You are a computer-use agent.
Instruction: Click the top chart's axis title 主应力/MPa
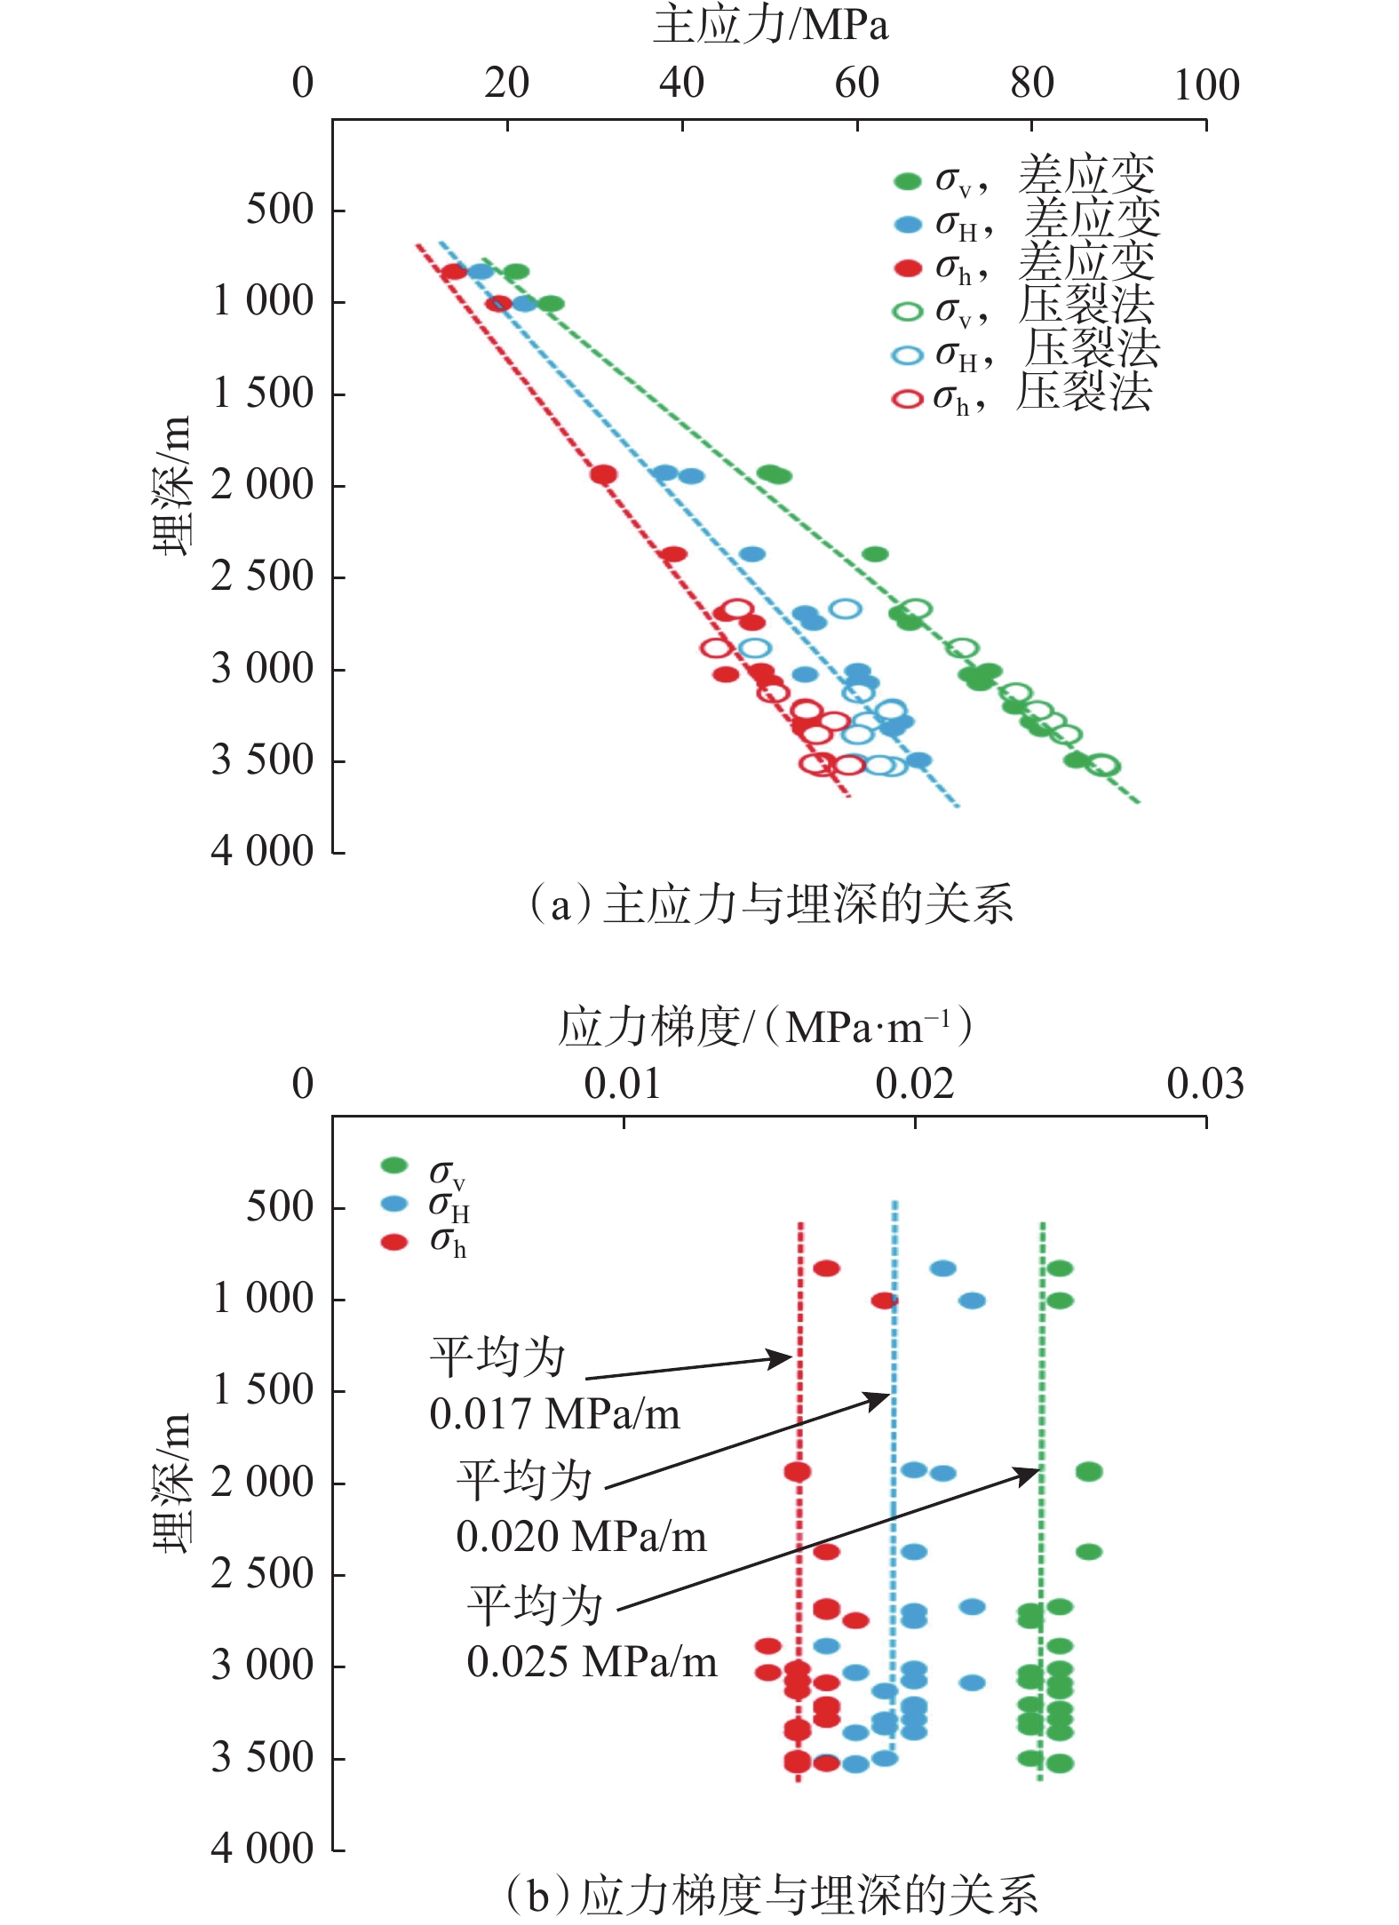(770, 25)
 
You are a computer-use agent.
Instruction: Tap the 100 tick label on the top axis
(1206, 85)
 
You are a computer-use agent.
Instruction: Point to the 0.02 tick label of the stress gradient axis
(914, 1084)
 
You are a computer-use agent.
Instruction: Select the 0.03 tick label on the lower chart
(1205, 1084)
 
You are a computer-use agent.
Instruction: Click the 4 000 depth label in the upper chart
(262, 851)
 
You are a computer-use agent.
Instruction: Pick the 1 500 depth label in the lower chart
(262, 1389)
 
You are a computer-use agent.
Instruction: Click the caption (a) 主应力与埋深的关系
(770, 905)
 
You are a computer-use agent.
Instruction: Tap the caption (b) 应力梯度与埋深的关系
(770, 1895)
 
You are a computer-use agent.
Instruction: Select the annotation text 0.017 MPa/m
(554, 1414)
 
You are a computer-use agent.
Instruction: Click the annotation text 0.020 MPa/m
(581, 1537)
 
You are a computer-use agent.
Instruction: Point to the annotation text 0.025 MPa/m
(592, 1662)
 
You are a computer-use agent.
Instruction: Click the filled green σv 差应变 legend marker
(907, 181)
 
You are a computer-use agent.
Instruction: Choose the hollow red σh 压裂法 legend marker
(907, 399)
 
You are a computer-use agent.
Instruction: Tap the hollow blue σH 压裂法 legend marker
(907, 355)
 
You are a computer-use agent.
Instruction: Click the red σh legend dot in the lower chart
(393, 1241)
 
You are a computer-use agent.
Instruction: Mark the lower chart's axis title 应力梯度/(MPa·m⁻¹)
(766, 1028)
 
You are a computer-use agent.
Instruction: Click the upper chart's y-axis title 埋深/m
(171, 485)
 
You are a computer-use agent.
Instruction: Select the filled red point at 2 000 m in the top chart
(604, 474)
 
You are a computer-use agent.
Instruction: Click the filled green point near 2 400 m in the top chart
(875, 554)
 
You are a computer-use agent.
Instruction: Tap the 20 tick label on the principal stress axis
(506, 84)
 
